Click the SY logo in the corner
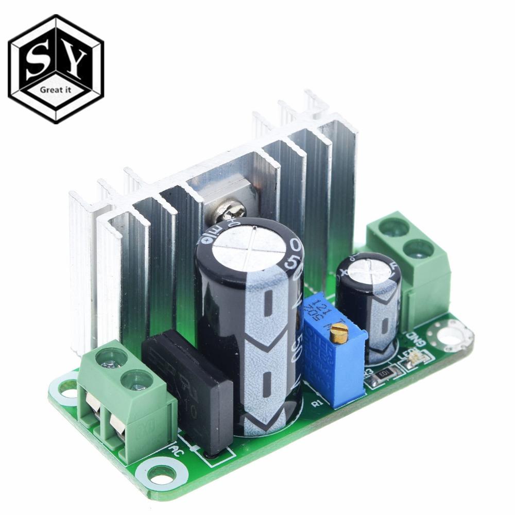(56, 68)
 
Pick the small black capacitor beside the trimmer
(369, 304)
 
